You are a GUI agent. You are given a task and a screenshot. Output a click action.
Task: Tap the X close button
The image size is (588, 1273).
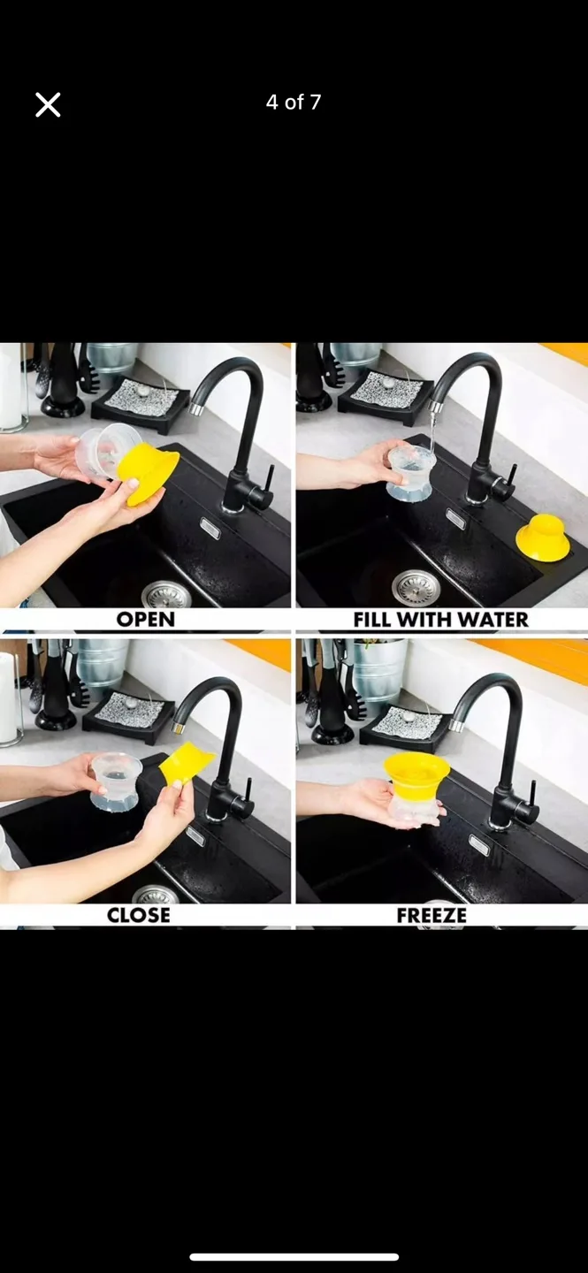point(48,105)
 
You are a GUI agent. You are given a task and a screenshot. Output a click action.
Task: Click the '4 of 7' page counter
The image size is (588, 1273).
point(294,103)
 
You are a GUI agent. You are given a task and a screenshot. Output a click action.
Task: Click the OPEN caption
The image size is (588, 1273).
point(146,620)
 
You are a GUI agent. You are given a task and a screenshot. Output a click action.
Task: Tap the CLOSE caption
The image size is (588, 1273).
point(139,915)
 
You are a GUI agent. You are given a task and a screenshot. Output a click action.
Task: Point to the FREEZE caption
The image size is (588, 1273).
point(431,915)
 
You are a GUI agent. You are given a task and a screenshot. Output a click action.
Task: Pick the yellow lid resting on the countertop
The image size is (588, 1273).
point(542,537)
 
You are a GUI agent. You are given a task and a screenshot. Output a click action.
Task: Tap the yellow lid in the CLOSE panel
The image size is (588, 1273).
point(186,763)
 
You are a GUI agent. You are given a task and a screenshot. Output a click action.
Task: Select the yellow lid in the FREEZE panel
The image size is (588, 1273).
point(416,773)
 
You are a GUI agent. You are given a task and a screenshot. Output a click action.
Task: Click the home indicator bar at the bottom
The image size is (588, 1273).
point(294,1256)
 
